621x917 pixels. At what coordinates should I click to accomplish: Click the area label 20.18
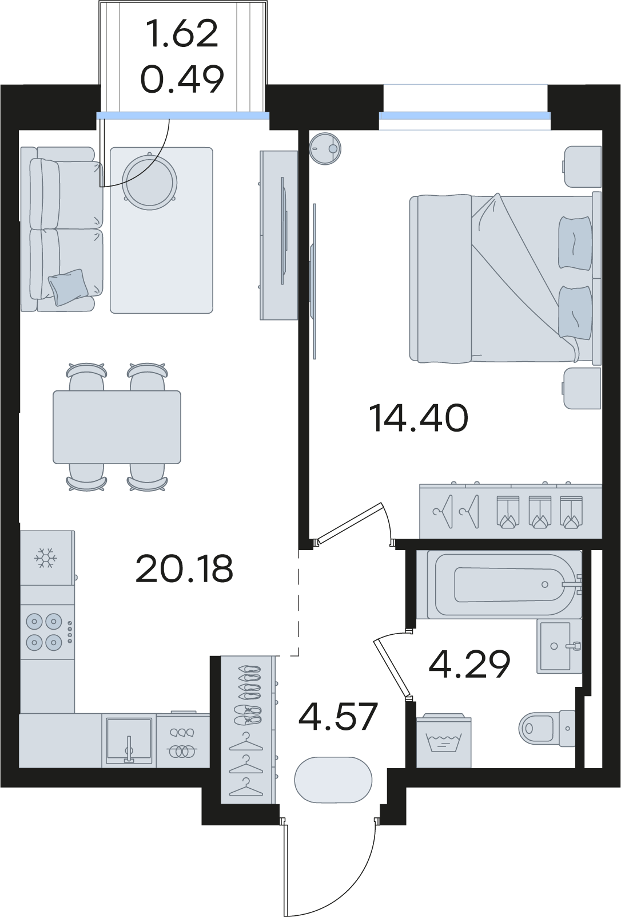pos(184,568)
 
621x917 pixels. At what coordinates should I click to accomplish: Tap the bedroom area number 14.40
pos(418,417)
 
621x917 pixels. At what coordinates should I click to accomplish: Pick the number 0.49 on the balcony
pos(182,78)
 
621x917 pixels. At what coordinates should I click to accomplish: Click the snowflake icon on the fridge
pos(46,558)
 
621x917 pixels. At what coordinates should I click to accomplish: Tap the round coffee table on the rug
pos(150,181)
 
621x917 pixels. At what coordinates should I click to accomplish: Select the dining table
pos(117,427)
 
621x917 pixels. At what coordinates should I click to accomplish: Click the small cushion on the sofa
pos(68,287)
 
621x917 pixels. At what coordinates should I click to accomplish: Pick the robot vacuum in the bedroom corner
pos(325,148)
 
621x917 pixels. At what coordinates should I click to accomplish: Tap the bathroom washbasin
pos(559,646)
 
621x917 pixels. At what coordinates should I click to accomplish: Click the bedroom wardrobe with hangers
pos(511,511)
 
